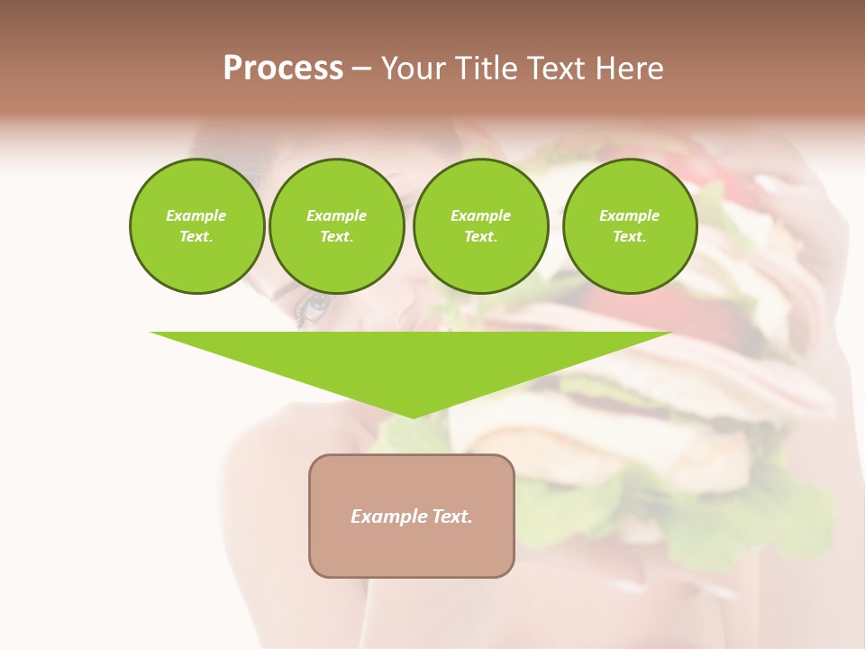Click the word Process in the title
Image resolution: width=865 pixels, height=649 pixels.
[x=283, y=69]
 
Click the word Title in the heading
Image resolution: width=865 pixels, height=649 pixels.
[x=486, y=69]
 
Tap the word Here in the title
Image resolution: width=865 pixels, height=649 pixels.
[x=630, y=69]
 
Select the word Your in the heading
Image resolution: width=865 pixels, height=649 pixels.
[x=414, y=69]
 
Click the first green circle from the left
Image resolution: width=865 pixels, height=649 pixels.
[x=196, y=226]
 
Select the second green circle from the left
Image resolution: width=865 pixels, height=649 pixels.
[x=336, y=226]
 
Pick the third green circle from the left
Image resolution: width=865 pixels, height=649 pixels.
[x=480, y=226]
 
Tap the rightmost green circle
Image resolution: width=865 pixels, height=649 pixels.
[x=629, y=226]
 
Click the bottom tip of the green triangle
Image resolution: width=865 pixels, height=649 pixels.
[x=413, y=416]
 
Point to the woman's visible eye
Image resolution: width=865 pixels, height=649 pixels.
[x=315, y=306]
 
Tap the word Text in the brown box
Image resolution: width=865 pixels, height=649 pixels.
[x=452, y=516]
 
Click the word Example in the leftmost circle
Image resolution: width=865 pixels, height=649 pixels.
[x=196, y=215]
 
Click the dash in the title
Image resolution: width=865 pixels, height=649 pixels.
[x=362, y=69]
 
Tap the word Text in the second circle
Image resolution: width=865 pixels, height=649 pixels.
[x=335, y=237]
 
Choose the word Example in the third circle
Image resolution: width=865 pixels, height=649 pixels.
[x=480, y=215]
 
